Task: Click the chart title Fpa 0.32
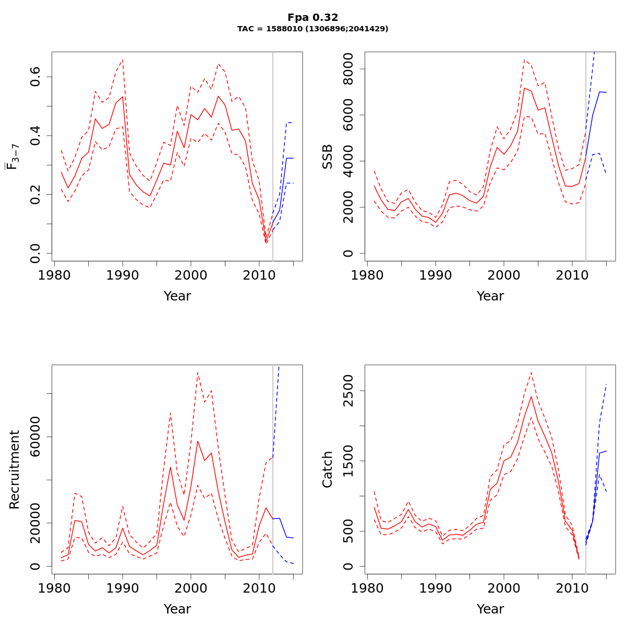pyautogui.click(x=312, y=18)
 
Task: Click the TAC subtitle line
pyautogui.click(x=312, y=29)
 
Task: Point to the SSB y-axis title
pyautogui.click(x=328, y=156)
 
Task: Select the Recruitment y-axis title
pyautogui.click(x=15, y=469)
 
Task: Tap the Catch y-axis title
pyautogui.click(x=328, y=469)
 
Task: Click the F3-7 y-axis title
pyautogui.click(x=11, y=156)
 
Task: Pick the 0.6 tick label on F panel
pyautogui.click(x=35, y=77)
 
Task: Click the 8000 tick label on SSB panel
pyautogui.click(x=348, y=69)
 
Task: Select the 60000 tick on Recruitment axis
pyautogui.click(x=35, y=437)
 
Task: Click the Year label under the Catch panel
pyautogui.click(x=490, y=609)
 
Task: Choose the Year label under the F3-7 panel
pyautogui.click(x=177, y=296)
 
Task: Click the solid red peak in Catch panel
pyautogui.click(x=531, y=396)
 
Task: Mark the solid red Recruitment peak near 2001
pyautogui.click(x=198, y=441)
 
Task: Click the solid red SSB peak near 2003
pyautogui.click(x=524, y=88)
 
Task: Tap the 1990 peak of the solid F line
pyautogui.click(x=123, y=97)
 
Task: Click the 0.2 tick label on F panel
pyautogui.click(x=35, y=194)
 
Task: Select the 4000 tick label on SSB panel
pyautogui.click(x=348, y=161)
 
